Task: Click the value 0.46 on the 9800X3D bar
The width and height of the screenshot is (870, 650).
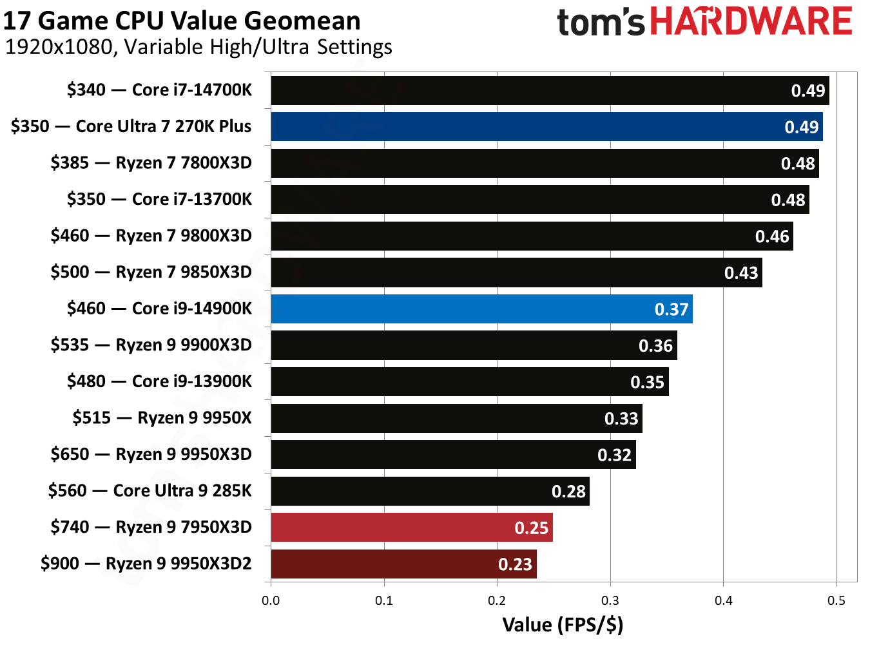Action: (771, 236)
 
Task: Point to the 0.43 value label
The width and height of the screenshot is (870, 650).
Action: (740, 273)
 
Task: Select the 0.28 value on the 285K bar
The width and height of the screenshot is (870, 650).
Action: (568, 492)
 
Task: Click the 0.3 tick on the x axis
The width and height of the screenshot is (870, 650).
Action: (610, 600)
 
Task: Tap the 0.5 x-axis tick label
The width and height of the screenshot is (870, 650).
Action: (836, 600)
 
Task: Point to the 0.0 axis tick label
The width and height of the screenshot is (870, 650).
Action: (271, 600)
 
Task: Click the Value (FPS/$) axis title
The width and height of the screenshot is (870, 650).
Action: (563, 625)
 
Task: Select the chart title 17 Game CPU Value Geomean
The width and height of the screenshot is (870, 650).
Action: (182, 21)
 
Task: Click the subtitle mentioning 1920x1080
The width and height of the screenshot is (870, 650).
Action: (198, 47)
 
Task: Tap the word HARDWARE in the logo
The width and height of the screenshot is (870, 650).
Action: (751, 21)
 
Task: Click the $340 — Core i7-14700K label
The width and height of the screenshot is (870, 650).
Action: (159, 90)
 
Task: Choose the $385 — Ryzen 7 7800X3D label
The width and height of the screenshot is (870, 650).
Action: (151, 162)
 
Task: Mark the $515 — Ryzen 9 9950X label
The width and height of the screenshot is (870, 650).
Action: (162, 418)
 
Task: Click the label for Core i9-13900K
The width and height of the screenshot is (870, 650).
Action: (159, 381)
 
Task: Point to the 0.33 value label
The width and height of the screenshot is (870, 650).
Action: (621, 419)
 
